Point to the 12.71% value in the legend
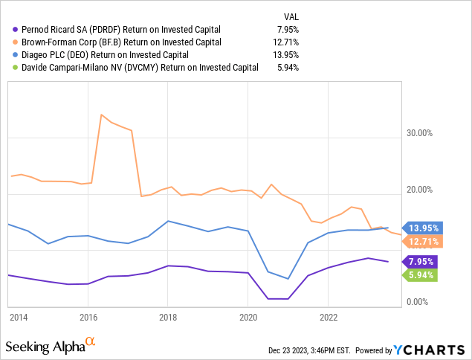284,42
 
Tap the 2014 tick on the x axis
19,316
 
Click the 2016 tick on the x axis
88,316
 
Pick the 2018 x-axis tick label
168,316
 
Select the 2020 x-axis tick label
248,316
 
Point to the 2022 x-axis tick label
328,316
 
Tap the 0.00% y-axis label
419,302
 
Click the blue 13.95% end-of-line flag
422,228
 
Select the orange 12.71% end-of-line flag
422,241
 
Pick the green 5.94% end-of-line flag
422,275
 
